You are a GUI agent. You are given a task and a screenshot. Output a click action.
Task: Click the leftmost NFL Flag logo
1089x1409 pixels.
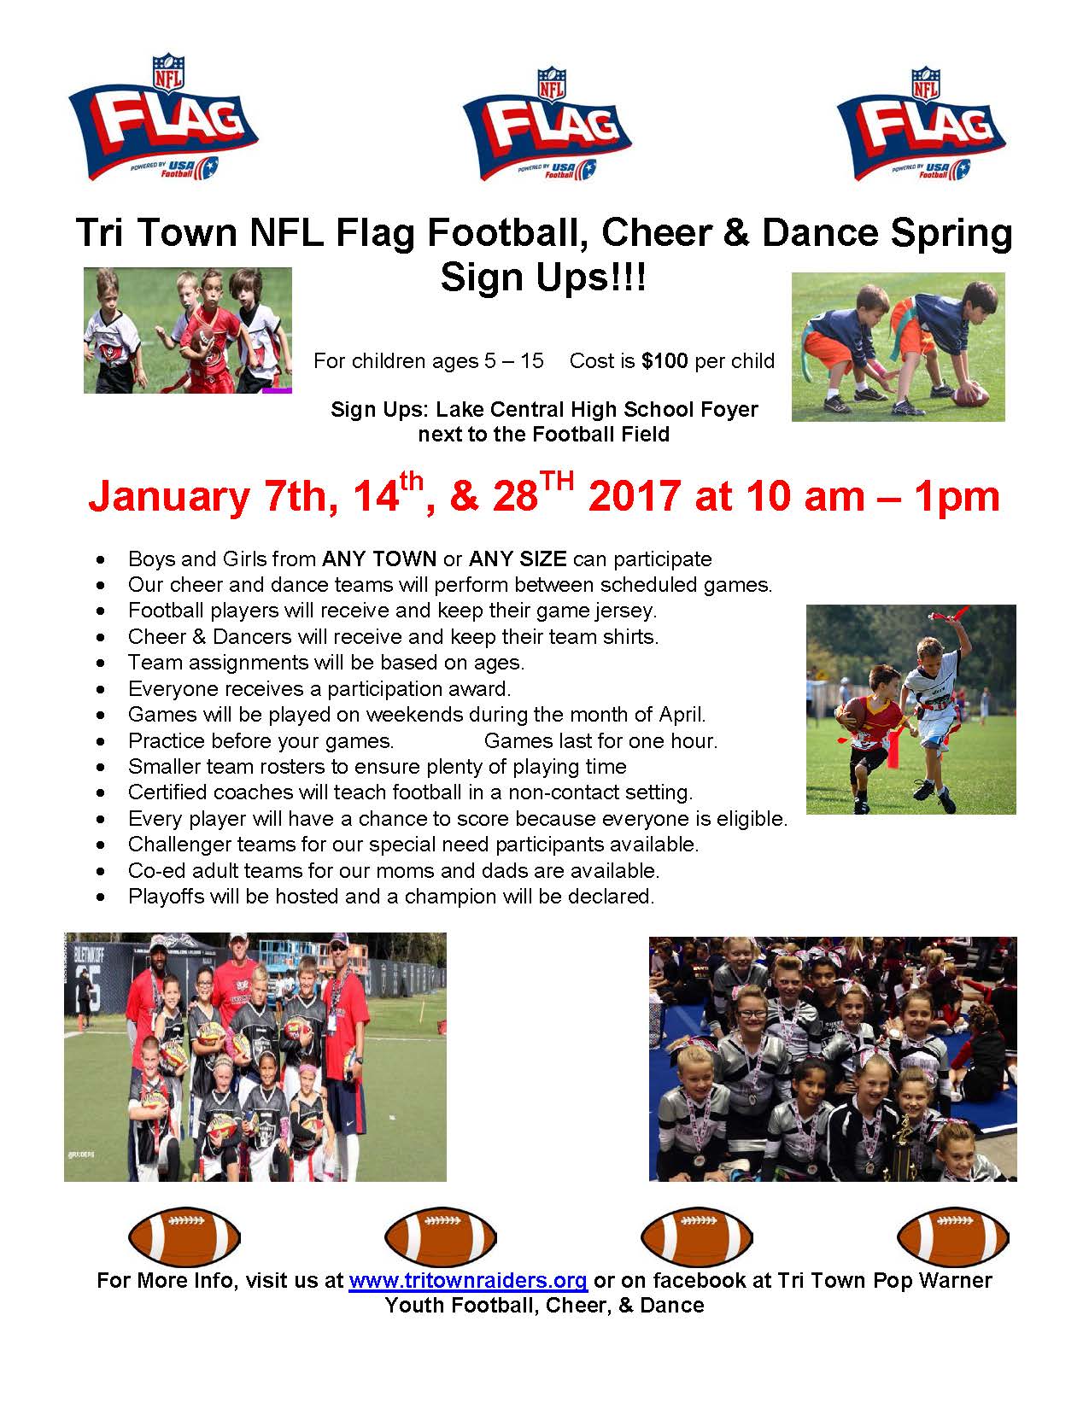163,117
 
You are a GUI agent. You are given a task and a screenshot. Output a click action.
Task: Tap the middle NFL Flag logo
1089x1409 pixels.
547,124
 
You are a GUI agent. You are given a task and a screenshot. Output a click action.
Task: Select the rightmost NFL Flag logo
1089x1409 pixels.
921,124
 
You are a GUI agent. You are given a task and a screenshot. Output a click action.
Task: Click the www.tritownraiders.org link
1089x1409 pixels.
468,1281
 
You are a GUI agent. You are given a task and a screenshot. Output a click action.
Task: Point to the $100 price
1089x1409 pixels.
665,360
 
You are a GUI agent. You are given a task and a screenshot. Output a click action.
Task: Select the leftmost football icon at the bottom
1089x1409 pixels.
184,1237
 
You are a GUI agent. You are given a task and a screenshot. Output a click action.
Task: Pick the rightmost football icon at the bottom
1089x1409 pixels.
953,1237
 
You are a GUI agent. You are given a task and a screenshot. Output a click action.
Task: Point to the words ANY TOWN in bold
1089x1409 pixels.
379,559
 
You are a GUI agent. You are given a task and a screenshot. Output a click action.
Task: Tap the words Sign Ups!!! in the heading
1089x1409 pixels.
543,278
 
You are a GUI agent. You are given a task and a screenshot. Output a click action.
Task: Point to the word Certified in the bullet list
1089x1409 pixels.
169,792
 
